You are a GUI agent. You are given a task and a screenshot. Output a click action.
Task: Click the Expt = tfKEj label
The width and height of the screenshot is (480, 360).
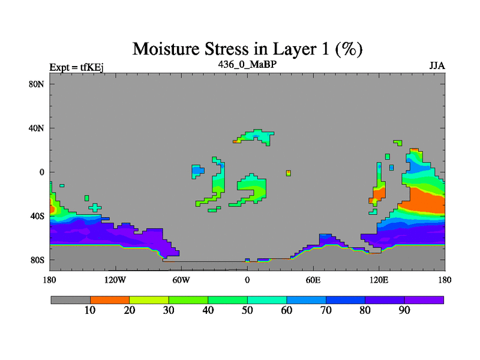click(77, 67)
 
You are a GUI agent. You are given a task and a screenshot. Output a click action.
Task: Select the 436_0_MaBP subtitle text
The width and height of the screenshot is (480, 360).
click(247, 64)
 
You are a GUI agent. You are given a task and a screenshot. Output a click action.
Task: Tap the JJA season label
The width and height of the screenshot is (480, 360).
click(437, 66)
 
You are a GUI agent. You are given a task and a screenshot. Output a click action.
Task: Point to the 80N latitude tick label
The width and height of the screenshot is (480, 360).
click(37, 84)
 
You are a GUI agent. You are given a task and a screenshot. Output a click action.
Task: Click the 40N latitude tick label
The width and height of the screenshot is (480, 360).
click(37, 128)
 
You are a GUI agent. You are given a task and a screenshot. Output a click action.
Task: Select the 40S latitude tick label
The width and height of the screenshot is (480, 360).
click(37, 216)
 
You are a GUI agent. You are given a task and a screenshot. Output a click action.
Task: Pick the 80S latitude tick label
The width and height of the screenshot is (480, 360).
click(37, 260)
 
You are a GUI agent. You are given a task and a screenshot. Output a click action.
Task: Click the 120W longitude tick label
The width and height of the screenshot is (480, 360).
click(115, 280)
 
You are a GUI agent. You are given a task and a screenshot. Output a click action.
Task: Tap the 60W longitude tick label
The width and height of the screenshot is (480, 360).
click(181, 280)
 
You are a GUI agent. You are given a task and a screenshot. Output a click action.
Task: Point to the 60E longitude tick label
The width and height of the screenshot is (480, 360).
click(313, 280)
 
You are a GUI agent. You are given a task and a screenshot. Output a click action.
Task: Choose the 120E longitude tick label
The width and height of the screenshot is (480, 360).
click(379, 280)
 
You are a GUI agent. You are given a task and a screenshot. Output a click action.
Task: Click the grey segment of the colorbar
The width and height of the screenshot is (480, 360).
click(71, 300)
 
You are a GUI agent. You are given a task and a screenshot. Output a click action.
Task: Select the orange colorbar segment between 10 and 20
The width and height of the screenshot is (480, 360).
click(110, 300)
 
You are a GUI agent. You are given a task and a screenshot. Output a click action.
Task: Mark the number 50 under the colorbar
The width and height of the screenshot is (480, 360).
click(247, 310)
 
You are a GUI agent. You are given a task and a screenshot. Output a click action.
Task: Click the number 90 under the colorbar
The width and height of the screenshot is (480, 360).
click(404, 310)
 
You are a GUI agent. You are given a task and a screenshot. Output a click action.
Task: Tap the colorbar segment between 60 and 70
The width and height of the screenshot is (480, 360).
click(307, 300)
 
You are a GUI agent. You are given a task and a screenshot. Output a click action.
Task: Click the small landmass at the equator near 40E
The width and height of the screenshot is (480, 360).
click(289, 173)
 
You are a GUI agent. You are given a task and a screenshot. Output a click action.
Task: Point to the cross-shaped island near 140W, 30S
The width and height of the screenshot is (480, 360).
click(95, 208)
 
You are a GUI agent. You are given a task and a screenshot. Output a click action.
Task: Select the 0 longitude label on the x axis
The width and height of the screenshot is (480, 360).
click(247, 280)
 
